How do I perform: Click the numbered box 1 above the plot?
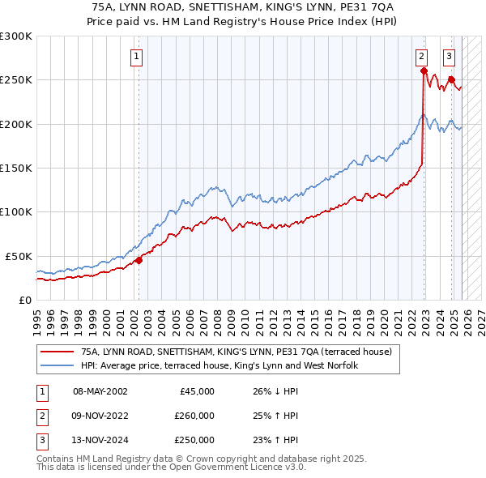[x=136, y=57]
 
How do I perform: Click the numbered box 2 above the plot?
[x=422, y=57]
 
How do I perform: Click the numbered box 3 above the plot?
[x=449, y=57]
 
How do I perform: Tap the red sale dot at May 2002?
[x=139, y=260]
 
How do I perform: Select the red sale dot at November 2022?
[x=424, y=71]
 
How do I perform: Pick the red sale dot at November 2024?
[x=451, y=79]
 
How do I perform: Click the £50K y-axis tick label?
[x=18, y=255]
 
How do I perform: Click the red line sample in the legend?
[x=58, y=352]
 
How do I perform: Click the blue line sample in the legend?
[x=58, y=365]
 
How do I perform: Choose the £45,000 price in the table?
[x=194, y=391]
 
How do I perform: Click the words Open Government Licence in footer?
[x=232, y=467]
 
